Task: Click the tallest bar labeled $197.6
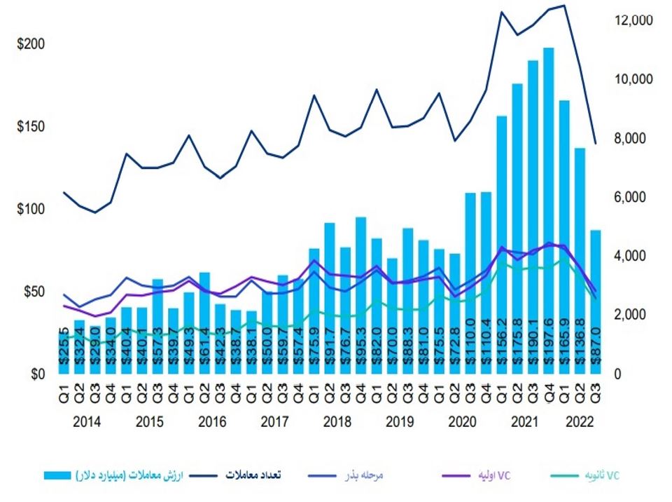pos(549,210)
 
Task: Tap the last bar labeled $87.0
pos(596,301)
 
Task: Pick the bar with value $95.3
pos(361,294)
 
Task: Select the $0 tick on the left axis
pos(36,374)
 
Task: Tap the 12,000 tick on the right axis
pos(633,20)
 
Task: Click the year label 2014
pos(87,422)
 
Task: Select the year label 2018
pos(337,422)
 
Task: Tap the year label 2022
pos(580,422)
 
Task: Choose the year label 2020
pos(463,422)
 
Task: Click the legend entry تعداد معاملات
pos(253,475)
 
